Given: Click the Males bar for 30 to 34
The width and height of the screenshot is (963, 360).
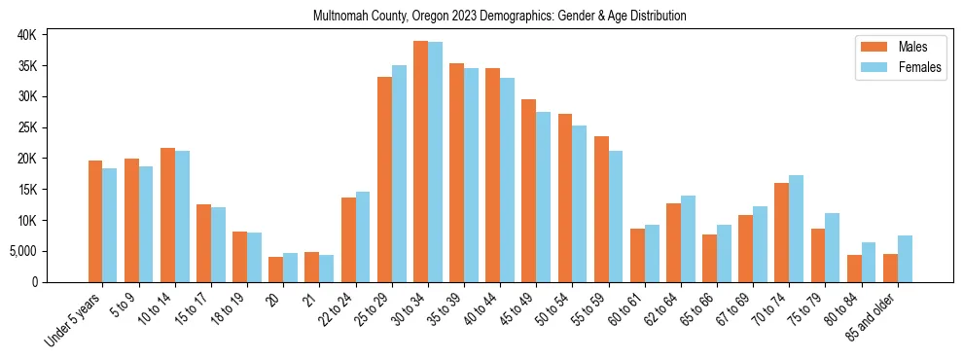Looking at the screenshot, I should [x=420, y=162].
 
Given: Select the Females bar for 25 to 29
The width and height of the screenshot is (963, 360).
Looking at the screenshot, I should [x=399, y=173].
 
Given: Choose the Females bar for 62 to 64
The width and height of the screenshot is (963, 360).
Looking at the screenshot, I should [x=688, y=239].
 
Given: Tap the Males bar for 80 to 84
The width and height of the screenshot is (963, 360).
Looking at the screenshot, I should [x=854, y=269].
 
